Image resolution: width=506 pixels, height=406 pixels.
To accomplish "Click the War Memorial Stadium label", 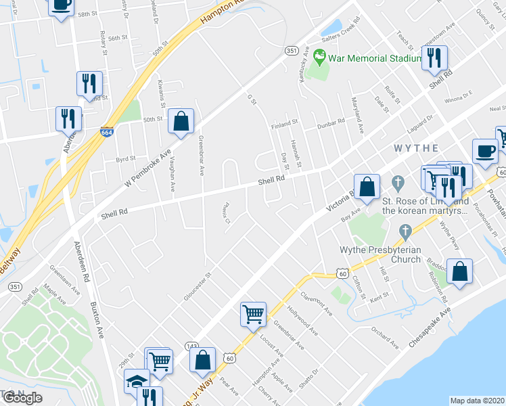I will click(371, 59).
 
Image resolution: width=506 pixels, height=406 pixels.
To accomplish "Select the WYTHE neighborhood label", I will click(417, 148).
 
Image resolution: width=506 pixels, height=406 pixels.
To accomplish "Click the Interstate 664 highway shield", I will click(107, 132).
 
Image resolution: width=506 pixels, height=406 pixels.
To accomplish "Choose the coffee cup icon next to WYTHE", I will click(484, 151).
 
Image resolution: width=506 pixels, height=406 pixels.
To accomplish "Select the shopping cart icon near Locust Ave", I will click(253, 313).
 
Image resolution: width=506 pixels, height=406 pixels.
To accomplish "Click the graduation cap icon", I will click(137, 382).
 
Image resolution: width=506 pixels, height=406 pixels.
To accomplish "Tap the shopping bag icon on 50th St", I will click(181, 122).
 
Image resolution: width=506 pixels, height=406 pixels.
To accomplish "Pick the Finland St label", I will click(285, 124).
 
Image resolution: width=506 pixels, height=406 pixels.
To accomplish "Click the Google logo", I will click(22, 397).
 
